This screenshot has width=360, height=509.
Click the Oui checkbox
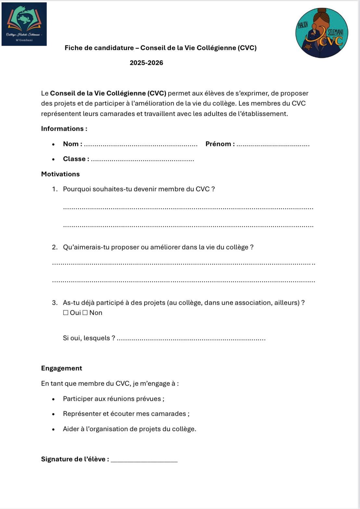(x=66, y=313)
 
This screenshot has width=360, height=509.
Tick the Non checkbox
(x=85, y=313)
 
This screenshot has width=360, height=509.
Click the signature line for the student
(x=144, y=461)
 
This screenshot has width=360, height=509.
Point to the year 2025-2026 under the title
(x=146, y=63)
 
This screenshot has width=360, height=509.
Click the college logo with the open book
(x=24, y=24)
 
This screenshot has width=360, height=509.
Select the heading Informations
(x=64, y=129)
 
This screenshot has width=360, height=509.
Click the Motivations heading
(x=60, y=174)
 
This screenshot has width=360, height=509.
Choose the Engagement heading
(x=61, y=368)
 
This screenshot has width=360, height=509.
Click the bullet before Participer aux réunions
(x=53, y=399)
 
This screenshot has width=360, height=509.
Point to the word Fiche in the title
(x=72, y=48)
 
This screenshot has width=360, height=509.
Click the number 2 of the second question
(x=54, y=247)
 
